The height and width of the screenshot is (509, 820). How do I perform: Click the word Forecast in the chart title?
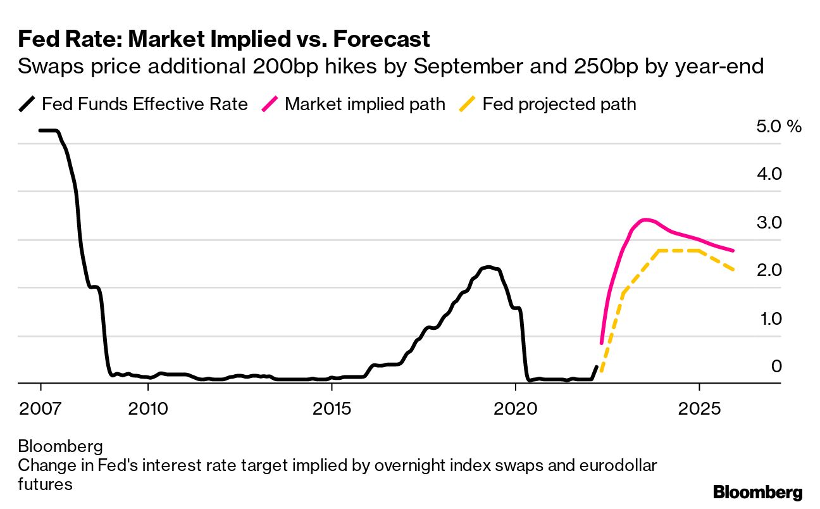point(382,39)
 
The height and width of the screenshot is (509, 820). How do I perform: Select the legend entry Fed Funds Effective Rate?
point(144,104)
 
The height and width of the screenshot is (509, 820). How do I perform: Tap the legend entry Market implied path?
point(365,104)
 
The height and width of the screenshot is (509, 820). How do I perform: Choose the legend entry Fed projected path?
point(559,104)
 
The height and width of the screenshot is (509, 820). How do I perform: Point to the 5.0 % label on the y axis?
point(778,126)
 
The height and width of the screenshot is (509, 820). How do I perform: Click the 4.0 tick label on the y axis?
point(769,174)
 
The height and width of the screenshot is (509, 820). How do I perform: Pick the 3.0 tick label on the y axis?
point(769,223)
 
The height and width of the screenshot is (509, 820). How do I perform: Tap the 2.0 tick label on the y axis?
point(769,270)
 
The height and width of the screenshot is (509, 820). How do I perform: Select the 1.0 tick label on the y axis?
point(769,318)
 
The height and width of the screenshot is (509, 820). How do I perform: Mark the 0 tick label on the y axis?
point(776,366)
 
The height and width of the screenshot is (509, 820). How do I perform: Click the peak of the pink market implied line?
point(644,220)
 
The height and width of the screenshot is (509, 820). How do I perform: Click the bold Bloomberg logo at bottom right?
point(757,492)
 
